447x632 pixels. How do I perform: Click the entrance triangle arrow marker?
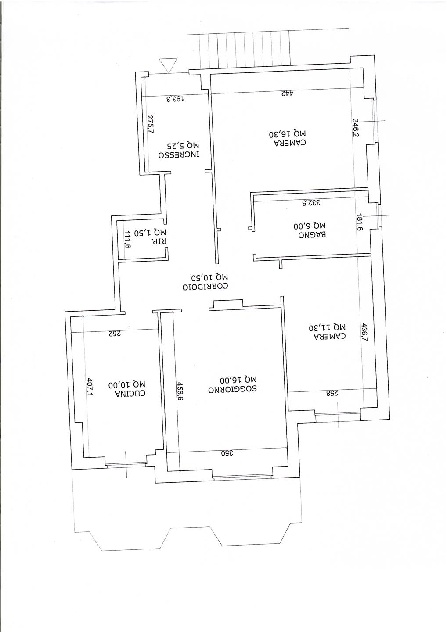[168, 65]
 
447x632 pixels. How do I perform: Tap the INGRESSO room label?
[179, 155]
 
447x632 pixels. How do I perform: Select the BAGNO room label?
[312, 234]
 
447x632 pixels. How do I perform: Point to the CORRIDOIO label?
[205, 287]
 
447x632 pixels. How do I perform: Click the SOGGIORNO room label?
[232, 389]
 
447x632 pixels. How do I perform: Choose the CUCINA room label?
[130, 393]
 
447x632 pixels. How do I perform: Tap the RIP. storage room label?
[158, 241]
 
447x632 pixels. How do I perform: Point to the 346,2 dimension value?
[356, 128]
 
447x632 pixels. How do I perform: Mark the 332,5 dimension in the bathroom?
[311, 203]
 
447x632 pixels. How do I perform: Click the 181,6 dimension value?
[360, 223]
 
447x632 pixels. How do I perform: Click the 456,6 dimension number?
[180, 391]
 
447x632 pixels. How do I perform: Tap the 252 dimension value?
[115, 334]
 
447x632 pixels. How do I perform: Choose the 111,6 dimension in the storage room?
[127, 240]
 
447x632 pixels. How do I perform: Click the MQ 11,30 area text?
[327, 327]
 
